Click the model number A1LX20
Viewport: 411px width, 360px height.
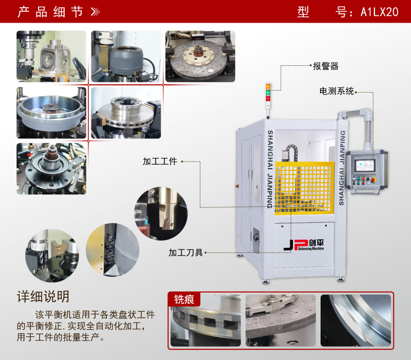(380, 12)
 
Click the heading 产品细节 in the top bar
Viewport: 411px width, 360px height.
(50, 12)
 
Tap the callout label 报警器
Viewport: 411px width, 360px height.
(326, 66)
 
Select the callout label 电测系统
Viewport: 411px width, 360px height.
(337, 92)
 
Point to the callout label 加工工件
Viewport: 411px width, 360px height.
(160, 161)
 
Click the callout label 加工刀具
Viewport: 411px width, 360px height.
(185, 253)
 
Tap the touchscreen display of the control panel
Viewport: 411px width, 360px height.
(367, 165)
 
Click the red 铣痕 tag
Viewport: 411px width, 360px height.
(184, 299)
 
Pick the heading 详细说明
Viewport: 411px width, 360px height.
(43, 297)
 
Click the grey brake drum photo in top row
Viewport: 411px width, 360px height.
(125, 57)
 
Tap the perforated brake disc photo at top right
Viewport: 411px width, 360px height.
(200, 57)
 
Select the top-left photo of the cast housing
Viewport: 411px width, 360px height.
(51, 57)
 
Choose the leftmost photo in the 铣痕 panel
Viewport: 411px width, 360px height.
(206, 321)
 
